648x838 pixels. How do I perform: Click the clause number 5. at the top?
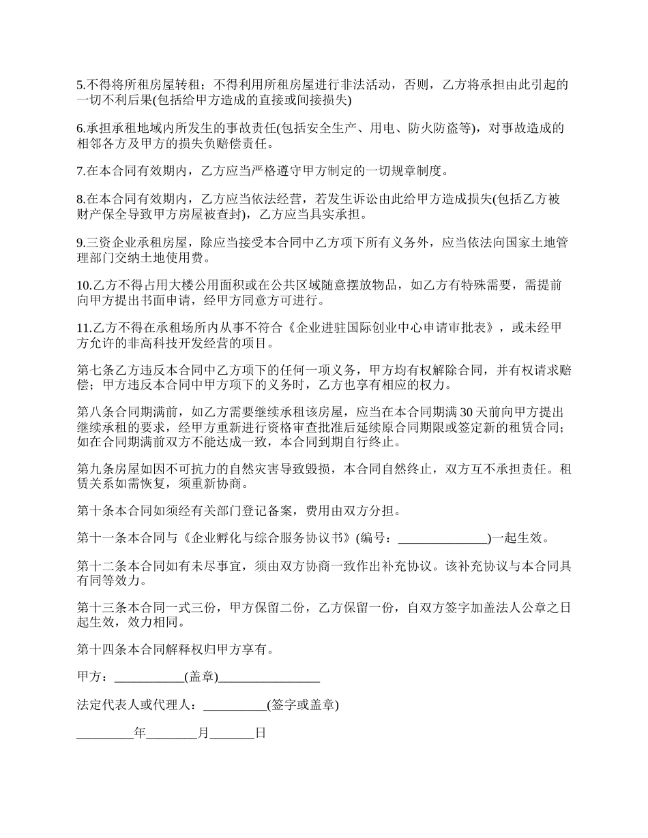(x=80, y=85)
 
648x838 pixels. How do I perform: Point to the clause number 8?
(x=80, y=199)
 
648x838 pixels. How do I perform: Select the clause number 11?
(x=83, y=328)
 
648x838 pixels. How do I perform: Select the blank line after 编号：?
(x=443, y=538)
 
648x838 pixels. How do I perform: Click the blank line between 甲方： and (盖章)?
(x=149, y=678)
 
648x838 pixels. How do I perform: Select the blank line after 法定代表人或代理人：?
(x=235, y=705)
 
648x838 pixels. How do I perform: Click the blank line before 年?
(x=105, y=734)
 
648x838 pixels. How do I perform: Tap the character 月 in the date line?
(x=203, y=734)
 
